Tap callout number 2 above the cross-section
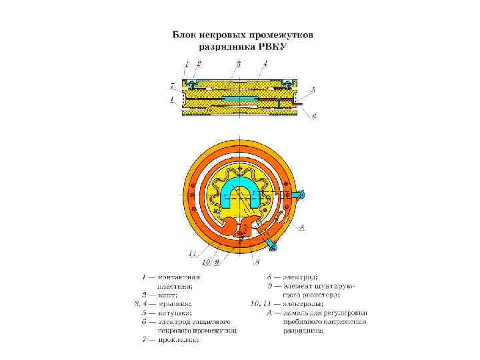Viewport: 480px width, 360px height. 198,63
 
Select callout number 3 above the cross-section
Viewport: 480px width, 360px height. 238,63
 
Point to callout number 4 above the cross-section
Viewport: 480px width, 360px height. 265,63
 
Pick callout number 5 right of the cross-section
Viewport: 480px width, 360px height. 313,89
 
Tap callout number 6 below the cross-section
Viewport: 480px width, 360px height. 314,116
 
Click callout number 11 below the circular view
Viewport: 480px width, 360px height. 192,253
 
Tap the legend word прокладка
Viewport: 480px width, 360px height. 179,339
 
